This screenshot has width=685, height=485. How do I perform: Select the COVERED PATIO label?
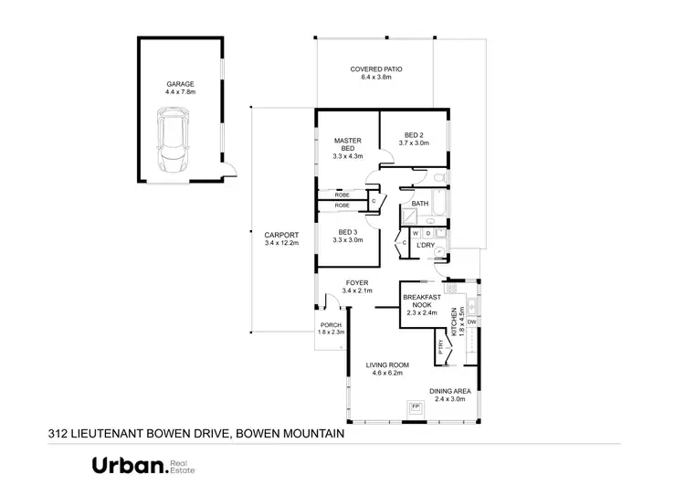click(x=376, y=69)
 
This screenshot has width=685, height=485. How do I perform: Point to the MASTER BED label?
click(x=348, y=144)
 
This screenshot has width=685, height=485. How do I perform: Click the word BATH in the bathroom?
click(x=420, y=204)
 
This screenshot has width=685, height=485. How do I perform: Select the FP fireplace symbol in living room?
click(x=415, y=406)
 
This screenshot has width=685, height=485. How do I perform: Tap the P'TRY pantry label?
click(x=440, y=346)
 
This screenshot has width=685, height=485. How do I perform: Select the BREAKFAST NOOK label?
click(x=423, y=301)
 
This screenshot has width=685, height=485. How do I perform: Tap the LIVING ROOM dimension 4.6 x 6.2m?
click(x=390, y=373)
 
